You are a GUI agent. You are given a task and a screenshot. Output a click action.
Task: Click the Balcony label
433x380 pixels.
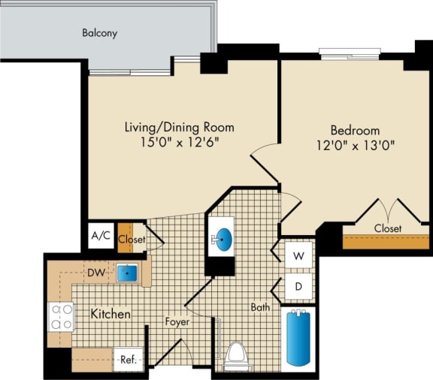[x=100, y=33]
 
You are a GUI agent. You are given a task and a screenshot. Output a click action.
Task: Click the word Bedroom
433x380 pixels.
[x=355, y=130]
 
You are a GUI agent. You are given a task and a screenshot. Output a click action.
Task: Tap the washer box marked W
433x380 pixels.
[x=298, y=256]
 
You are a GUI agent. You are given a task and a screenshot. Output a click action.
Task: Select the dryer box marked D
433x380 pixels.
[x=298, y=286]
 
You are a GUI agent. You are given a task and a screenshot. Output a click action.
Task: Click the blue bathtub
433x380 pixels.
[x=298, y=339]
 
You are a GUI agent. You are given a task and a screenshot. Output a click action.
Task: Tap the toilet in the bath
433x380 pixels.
[x=237, y=356]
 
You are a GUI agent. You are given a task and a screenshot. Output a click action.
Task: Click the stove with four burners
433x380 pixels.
[x=60, y=317]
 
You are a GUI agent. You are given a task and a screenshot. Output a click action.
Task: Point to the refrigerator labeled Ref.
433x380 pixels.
[x=128, y=360]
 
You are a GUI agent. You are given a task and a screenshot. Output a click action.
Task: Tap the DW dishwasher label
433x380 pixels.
[x=95, y=273]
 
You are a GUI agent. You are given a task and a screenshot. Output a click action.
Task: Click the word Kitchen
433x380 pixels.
[x=111, y=313]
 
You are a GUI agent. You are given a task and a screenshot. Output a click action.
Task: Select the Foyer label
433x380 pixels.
[x=177, y=322]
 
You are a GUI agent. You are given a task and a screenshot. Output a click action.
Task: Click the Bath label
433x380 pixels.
[x=261, y=307]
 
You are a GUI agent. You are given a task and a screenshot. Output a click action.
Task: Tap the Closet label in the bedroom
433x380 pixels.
[x=387, y=228]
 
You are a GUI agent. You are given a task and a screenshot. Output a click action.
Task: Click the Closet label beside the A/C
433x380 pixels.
[x=132, y=240]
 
